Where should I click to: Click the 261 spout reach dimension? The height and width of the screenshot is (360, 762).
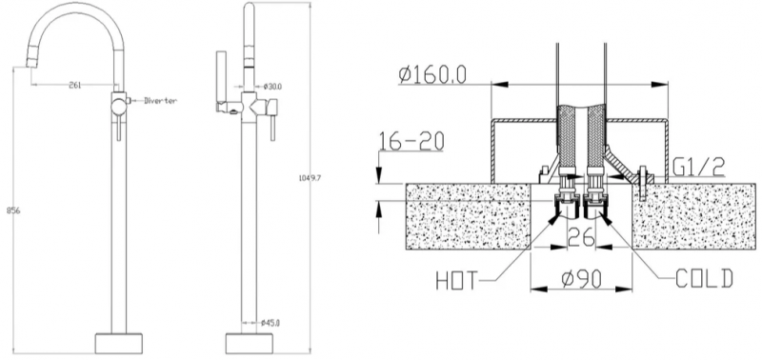pos(75,85)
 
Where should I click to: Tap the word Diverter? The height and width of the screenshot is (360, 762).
pos(160,101)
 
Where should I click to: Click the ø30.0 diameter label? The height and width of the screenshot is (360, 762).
pos(272,87)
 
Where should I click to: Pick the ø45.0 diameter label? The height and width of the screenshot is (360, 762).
pos(271,322)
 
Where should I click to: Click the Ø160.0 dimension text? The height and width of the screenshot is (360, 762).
pos(432,74)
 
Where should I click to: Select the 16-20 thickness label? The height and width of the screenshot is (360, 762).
pos(411,141)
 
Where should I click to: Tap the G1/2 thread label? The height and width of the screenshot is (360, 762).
pos(699,168)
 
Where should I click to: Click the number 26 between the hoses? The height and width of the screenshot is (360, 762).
pos(581,237)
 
